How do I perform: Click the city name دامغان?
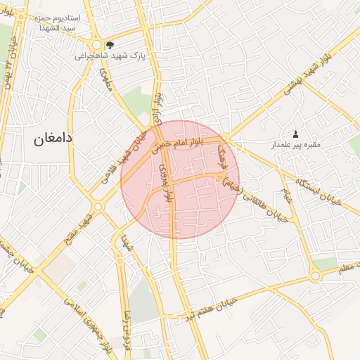(53, 139)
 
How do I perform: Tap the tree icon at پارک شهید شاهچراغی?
(108, 44)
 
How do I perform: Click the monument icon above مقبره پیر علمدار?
(295, 134)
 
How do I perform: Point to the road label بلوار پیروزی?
(166, 185)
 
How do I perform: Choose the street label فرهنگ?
(221, 149)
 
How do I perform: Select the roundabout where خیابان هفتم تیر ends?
(314, 276)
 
